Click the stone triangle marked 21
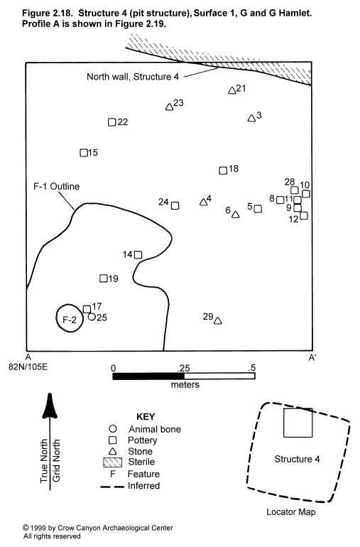232,91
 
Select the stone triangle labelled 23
170,107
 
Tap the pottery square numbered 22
111,122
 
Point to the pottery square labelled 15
84,153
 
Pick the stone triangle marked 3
251,119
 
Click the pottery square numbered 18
223,170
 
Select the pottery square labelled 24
175,206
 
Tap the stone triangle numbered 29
218,321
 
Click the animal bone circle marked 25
92,317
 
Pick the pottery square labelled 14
138,254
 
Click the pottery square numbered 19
103,278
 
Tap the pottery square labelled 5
258,209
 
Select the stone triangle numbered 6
236,215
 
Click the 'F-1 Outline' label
57,186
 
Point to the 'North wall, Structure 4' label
133,77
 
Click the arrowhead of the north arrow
50,406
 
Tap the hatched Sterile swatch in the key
113,462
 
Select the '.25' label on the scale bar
183,368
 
